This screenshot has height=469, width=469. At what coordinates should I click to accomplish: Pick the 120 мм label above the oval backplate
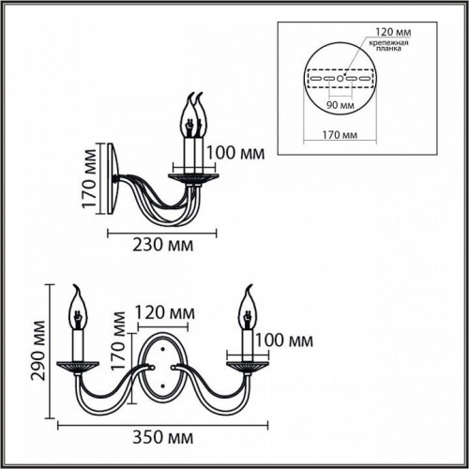(x=166, y=311)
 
